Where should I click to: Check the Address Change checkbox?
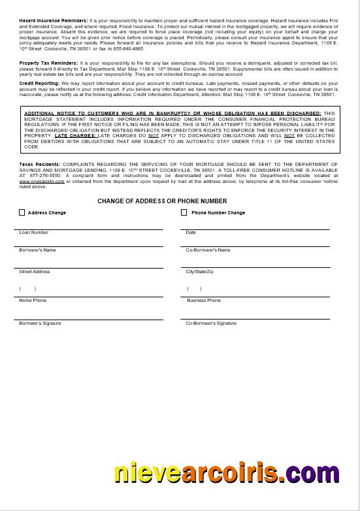click(22, 212)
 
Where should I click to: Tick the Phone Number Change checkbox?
click(184, 212)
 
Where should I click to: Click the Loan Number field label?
click(34, 233)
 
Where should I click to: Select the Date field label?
click(191, 233)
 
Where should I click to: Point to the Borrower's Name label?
click(37, 250)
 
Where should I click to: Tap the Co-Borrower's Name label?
click(208, 250)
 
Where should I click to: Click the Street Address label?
click(34, 272)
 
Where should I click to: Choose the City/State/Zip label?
click(199, 272)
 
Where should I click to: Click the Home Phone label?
click(33, 301)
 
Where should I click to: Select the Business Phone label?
click(204, 301)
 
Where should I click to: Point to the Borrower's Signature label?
click(41, 323)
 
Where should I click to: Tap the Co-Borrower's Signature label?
click(211, 323)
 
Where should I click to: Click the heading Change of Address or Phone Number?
click(162, 201)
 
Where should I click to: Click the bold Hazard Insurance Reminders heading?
click(49, 21)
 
